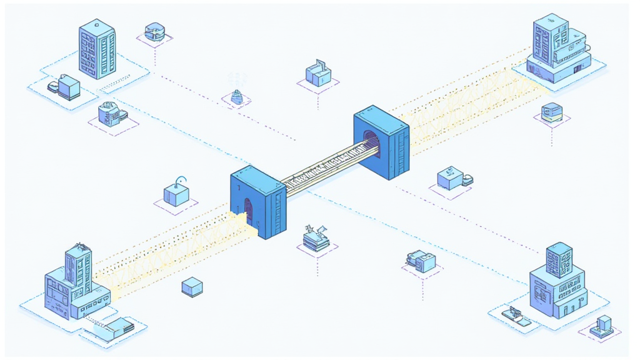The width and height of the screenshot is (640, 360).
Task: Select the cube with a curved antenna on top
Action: (177, 194)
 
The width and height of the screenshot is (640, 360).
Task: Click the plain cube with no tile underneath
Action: (192, 287)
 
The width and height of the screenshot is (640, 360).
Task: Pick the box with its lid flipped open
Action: (317, 74)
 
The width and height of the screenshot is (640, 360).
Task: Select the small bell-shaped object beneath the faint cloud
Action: (237, 97)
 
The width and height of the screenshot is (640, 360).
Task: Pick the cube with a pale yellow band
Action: (551, 112)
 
